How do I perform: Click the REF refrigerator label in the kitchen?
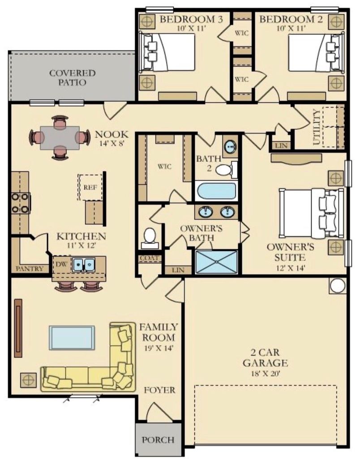click(90, 187)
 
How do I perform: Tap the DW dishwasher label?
click(61, 264)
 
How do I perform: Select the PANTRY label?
click(29, 268)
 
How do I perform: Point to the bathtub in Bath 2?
click(216, 191)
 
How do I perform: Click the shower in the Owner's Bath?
click(216, 262)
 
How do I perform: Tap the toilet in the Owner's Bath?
click(150, 238)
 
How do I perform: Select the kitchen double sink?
click(84, 264)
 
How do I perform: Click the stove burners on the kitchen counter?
click(21, 203)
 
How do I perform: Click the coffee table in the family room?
click(72, 338)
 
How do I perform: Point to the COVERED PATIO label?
click(72, 78)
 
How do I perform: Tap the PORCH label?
click(158, 440)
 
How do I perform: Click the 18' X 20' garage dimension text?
click(266, 373)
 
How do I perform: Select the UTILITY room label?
click(317, 127)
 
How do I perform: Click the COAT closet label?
click(150, 258)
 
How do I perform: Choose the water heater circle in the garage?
click(338, 286)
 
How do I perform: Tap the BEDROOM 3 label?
click(191, 19)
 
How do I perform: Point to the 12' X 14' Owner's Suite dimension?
click(291, 268)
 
